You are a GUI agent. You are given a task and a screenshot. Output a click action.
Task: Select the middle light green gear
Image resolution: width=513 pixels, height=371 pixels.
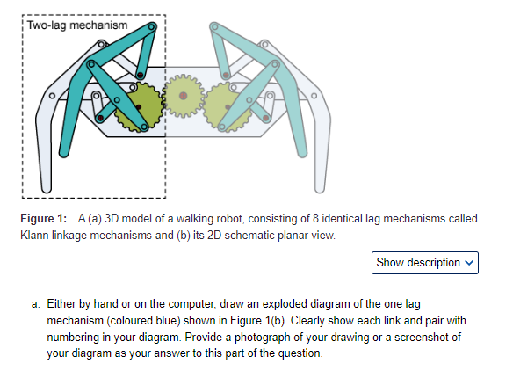[183, 94]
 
